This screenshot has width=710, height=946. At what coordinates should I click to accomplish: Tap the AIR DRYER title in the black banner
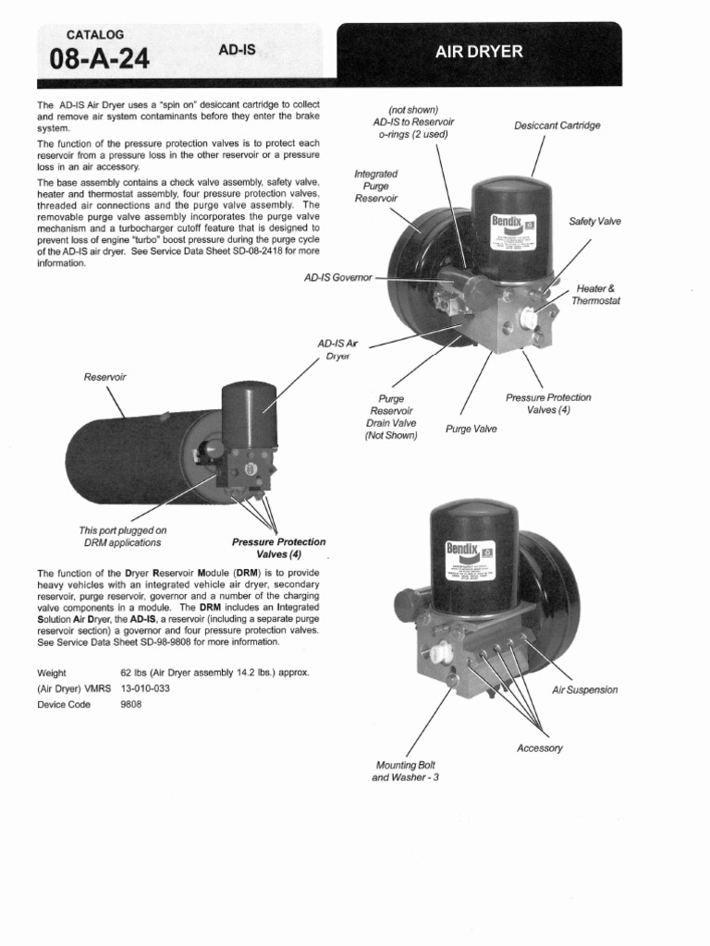point(479,53)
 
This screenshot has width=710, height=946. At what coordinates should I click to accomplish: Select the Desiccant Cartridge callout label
point(557,126)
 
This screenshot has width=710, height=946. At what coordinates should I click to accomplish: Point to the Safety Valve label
point(594,222)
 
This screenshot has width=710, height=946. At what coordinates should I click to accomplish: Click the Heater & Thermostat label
point(595,295)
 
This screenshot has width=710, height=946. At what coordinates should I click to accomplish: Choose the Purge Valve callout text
point(471,430)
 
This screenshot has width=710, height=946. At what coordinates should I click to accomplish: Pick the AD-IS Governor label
point(337,277)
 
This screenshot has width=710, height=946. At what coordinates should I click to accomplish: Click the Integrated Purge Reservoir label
point(376,186)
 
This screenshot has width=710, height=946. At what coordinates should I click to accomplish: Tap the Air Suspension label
point(584,690)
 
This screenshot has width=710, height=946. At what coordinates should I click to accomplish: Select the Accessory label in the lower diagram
point(539,748)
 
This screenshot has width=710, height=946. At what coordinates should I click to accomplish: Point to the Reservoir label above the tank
point(104,377)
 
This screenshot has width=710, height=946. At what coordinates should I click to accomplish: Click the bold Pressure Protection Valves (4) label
point(278,548)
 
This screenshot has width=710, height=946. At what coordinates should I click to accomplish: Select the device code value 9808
point(131,704)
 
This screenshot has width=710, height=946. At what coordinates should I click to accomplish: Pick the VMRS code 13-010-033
point(145,688)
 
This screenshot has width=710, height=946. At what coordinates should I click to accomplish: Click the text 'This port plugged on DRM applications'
point(122,537)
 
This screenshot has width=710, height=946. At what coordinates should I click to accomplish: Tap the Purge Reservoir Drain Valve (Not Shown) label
point(391,417)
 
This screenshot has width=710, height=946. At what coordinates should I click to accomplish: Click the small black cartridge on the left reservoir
point(249,413)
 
